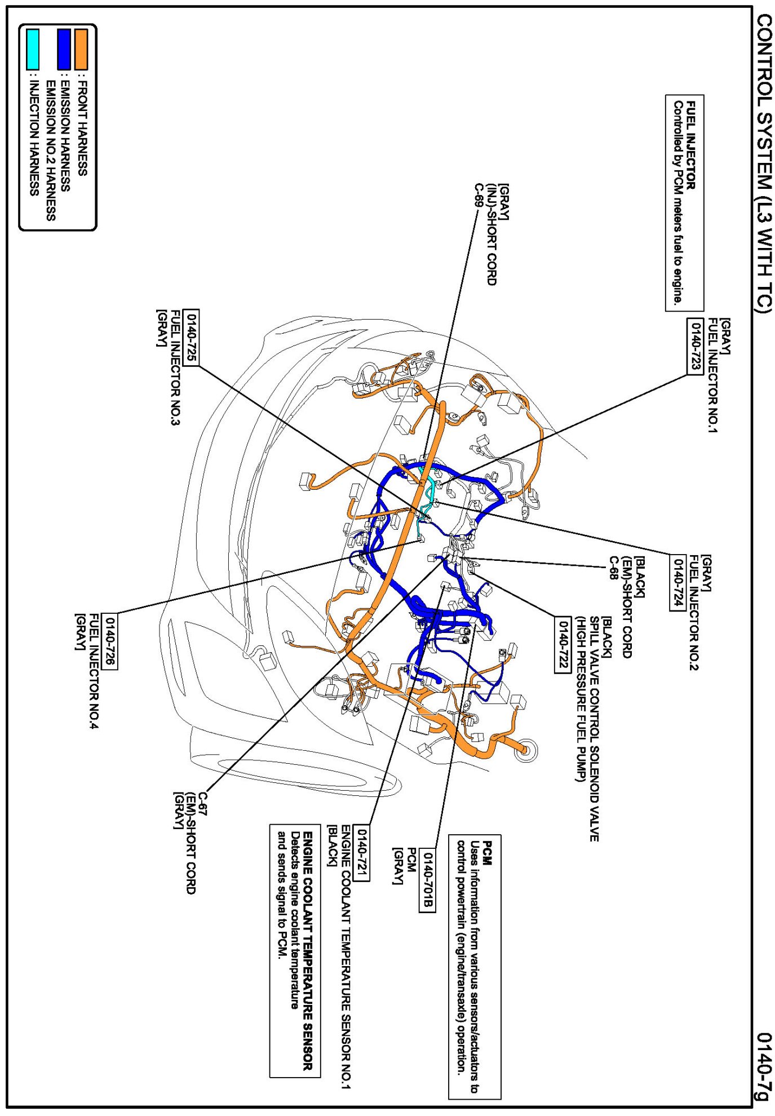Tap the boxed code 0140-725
192,337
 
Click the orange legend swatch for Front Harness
82,50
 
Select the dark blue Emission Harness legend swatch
64,50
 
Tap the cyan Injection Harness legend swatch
33,50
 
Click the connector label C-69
479,196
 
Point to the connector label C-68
613,568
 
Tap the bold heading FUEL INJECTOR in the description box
691,145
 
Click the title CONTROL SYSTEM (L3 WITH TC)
763,163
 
